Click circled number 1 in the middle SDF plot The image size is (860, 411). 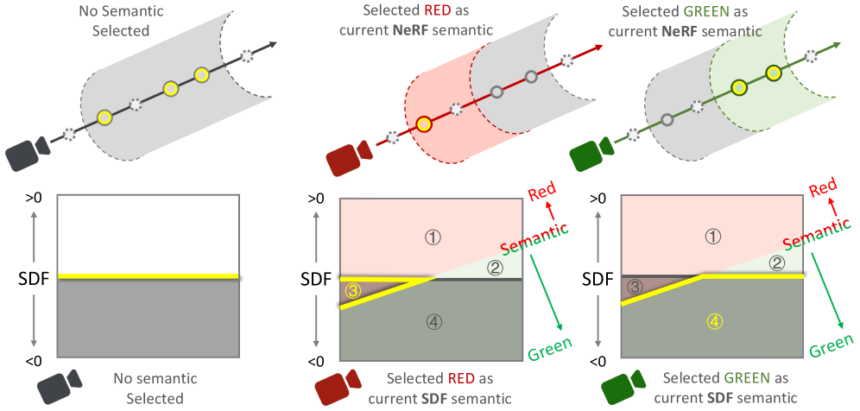[429, 235]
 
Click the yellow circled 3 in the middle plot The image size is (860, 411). [352, 291]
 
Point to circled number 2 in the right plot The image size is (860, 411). [776, 263]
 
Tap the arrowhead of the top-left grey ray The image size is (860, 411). [274, 45]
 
